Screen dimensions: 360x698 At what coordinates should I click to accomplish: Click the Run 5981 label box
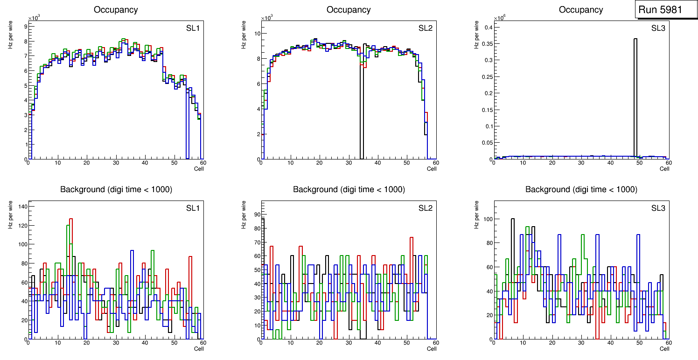click(x=663, y=10)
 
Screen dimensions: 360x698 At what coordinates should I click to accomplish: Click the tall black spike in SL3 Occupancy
click(x=635, y=93)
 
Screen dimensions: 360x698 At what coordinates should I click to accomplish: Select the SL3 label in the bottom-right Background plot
click(x=658, y=208)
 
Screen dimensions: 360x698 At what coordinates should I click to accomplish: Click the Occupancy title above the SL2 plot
click(x=349, y=10)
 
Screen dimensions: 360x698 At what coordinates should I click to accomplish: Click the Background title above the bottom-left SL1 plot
click(x=116, y=189)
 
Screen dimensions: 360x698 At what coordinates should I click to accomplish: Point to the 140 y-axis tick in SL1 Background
click(x=21, y=207)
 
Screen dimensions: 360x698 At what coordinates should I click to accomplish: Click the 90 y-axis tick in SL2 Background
click(x=255, y=215)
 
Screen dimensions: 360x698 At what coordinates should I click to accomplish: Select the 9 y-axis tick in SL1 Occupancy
click(x=25, y=27)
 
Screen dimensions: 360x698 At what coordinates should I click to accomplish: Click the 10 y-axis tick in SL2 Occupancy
click(x=256, y=34)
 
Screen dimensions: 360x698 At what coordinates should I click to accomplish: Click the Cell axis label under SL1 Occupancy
click(x=199, y=169)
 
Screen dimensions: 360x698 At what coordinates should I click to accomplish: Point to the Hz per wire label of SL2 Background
click(x=244, y=215)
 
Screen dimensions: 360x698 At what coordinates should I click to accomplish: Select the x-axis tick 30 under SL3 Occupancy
click(x=581, y=163)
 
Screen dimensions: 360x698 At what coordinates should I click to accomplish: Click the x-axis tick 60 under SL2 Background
click(x=435, y=343)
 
